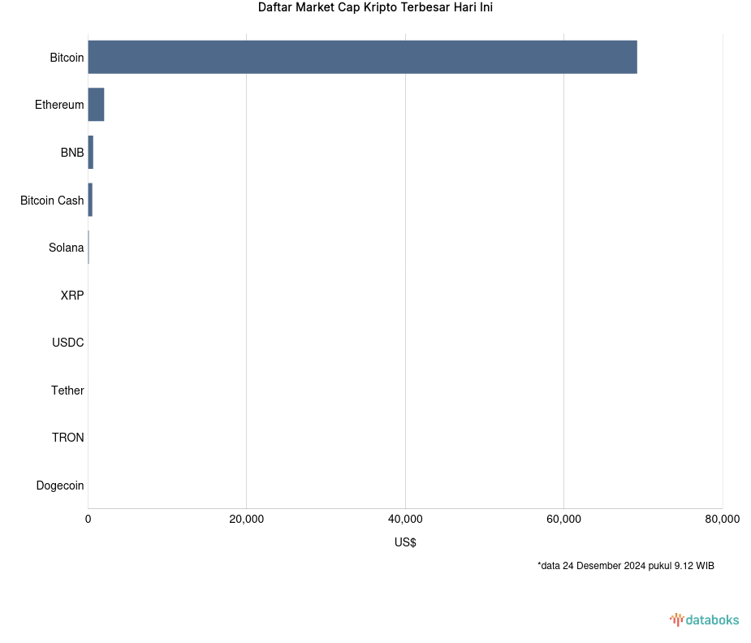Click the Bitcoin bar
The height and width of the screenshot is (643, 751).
[x=362, y=57]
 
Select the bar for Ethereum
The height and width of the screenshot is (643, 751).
[x=96, y=105]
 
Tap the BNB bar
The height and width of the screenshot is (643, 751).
[x=91, y=153]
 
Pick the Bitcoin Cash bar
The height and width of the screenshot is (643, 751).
[x=90, y=200]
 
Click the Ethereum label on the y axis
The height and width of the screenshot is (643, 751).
[x=59, y=105]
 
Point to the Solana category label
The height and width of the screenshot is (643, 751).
[x=66, y=248]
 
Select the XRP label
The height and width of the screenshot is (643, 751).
[x=71, y=296]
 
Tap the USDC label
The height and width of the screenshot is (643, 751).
[x=67, y=343]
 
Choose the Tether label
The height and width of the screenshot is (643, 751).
[x=67, y=391]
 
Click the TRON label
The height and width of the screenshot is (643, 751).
[x=67, y=438]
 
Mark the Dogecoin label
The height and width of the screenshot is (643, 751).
[x=60, y=485]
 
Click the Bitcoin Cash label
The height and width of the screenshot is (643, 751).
[x=52, y=200]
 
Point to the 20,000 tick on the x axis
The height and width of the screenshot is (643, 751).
[x=247, y=520]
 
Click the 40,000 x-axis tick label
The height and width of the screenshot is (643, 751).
[x=405, y=520]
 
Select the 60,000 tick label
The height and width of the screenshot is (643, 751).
[x=563, y=520]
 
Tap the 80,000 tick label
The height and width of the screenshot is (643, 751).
[x=722, y=520]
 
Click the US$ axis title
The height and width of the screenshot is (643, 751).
[x=405, y=542]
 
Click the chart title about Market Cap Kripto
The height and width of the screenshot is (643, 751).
[x=375, y=8]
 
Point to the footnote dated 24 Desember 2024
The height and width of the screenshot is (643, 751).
[x=625, y=566]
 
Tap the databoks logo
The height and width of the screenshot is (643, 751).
[x=704, y=620]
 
